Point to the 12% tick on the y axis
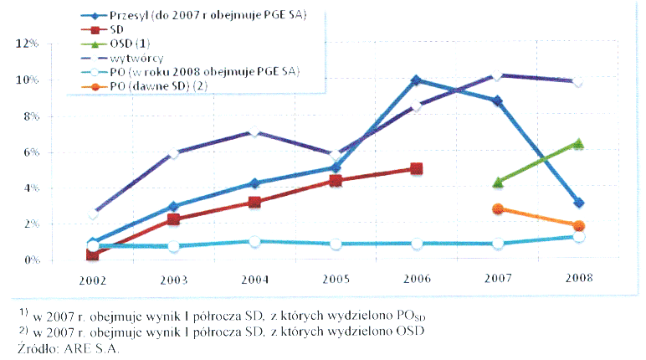[28, 44]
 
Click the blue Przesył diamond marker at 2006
[416, 80]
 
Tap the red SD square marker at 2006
[417, 169]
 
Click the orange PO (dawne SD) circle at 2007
[498, 208]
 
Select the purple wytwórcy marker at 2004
[254, 132]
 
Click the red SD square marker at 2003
[173, 219]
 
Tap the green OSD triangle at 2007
[498, 182]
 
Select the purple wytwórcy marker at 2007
[498, 75]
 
